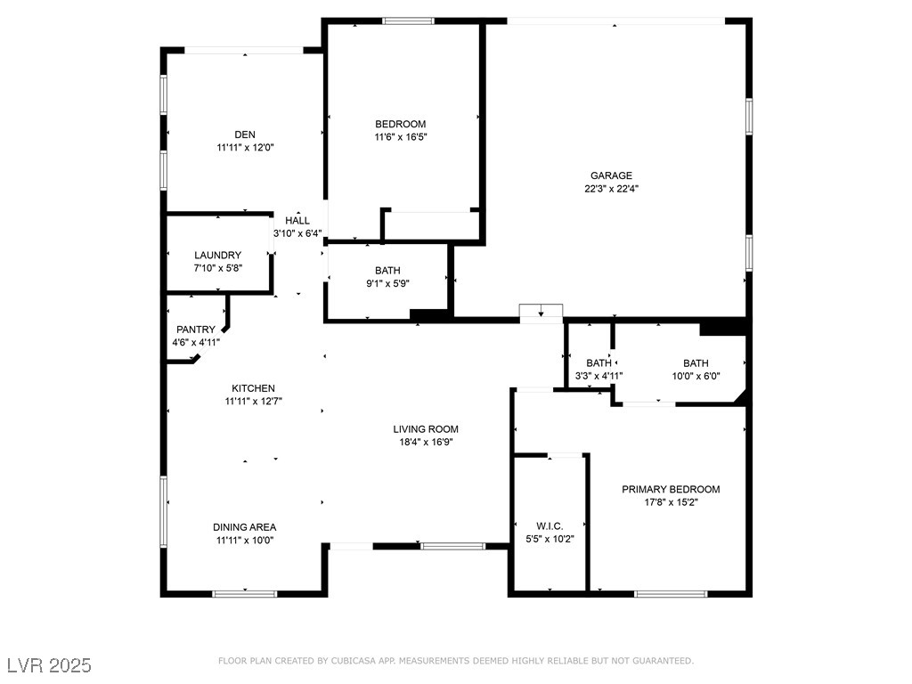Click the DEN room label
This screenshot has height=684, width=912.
245,134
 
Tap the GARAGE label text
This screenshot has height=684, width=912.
611,175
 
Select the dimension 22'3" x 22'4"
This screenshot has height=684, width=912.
611,189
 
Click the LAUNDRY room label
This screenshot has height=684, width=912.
217,255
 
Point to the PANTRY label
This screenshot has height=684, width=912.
196,330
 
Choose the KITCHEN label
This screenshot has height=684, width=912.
254,388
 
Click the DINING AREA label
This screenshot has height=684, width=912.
244,527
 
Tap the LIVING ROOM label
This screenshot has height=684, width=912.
426,429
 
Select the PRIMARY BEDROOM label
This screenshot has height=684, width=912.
671,489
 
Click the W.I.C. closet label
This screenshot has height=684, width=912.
550,525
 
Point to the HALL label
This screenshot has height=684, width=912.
297,221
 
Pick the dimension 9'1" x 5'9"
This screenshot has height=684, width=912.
387,284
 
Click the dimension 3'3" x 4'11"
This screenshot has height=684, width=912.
599,376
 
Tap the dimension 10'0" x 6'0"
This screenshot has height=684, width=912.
696,376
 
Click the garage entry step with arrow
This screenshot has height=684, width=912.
541,313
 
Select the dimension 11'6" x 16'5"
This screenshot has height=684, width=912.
401,137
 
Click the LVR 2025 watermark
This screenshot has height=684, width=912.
50,665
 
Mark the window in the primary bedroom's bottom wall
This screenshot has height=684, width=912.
671,594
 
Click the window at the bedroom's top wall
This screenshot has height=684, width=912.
408,21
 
